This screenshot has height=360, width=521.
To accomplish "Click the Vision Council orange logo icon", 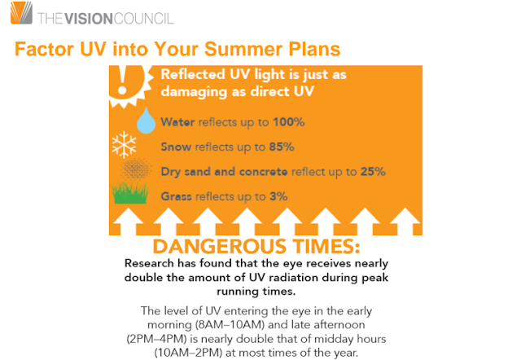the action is pyautogui.click(x=22, y=13).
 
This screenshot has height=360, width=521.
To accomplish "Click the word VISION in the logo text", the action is pyautogui.click(x=89, y=19).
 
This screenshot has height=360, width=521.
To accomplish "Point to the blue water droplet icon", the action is pyautogui.click(x=146, y=121).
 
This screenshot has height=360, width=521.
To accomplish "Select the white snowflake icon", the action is pyautogui.click(x=124, y=145).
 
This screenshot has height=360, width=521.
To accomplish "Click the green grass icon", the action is pyautogui.click(x=129, y=193).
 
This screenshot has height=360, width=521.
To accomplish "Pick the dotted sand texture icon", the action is pyautogui.click(x=136, y=169).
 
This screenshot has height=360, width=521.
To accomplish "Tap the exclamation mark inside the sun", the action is pyautogui.click(x=123, y=80).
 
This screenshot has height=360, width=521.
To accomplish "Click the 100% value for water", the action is pyautogui.click(x=289, y=122).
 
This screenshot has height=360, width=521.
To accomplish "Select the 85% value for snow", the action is pyautogui.click(x=282, y=147).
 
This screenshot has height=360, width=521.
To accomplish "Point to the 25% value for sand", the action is pyautogui.click(x=373, y=172).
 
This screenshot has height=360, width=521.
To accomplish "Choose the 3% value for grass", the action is pyautogui.click(x=278, y=196).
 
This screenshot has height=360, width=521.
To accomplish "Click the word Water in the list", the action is pyautogui.click(x=177, y=122).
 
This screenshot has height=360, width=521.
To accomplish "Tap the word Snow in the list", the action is pyautogui.click(x=176, y=147).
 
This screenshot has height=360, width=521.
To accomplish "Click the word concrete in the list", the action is pyautogui.click(x=263, y=172).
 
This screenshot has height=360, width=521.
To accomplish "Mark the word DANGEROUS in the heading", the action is pyautogui.click(x=220, y=246).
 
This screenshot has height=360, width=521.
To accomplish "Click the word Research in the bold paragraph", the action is pyautogui.click(x=149, y=263).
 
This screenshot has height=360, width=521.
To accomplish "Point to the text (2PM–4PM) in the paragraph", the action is pyautogui.click(x=156, y=339).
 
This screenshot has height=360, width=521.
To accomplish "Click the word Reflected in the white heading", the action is pyautogui.click(x=193, y=74).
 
